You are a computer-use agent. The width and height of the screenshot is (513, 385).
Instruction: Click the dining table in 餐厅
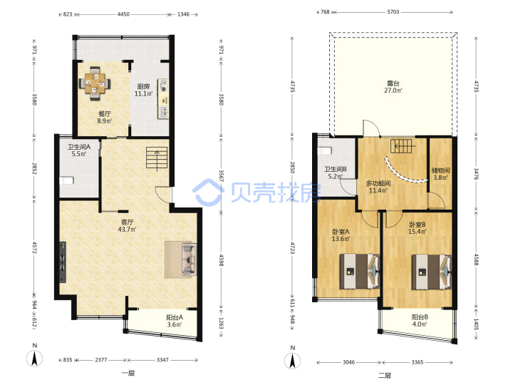(95, 83)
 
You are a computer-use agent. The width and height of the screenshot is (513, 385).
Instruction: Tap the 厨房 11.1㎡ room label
(143, 90)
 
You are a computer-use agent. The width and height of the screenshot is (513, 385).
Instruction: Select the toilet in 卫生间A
(67, 180)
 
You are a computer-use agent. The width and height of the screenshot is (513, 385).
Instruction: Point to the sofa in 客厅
(189, 259)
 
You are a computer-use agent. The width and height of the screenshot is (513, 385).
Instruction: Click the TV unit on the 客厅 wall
(62, 262)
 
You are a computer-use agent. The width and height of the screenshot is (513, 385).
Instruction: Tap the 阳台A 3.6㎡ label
(175, 321)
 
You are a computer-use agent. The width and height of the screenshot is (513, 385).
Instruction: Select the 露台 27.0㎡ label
(393, 87)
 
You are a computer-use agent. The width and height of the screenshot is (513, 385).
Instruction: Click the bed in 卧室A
(360, 272)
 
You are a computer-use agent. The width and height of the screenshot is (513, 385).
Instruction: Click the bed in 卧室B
(432, 272)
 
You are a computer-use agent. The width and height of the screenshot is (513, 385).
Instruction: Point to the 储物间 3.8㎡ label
(440, 174)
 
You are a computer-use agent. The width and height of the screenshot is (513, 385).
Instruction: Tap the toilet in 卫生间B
(325, 150)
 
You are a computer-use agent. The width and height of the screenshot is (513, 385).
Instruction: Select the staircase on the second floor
(403, 146)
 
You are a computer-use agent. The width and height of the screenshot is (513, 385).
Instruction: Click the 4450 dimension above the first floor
(123, 14)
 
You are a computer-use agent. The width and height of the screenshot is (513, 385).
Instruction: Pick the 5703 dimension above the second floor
(393, 12)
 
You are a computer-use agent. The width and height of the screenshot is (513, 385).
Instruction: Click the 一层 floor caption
(128, 373)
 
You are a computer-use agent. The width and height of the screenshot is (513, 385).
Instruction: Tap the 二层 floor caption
(385, 375)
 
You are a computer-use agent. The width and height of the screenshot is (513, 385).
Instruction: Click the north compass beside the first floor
(34, 358)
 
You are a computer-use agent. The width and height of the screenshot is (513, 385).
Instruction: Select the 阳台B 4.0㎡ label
(420, 321)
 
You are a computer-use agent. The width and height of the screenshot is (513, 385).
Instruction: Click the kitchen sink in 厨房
(163, 113)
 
